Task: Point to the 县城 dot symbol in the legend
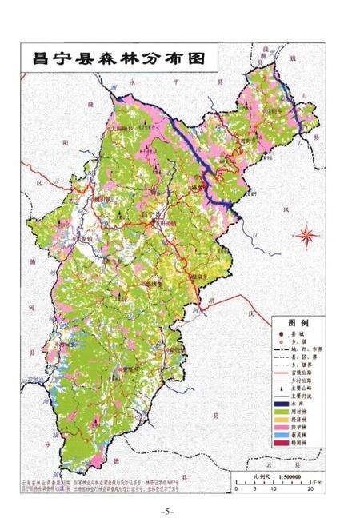point(278,333)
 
